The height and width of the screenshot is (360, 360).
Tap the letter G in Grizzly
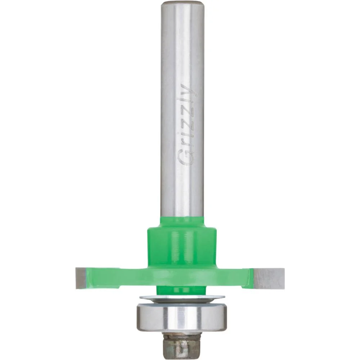coord(185,158)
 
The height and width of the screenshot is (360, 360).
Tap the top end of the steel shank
coord(183,4)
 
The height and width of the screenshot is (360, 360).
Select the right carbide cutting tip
coord(269,279)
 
